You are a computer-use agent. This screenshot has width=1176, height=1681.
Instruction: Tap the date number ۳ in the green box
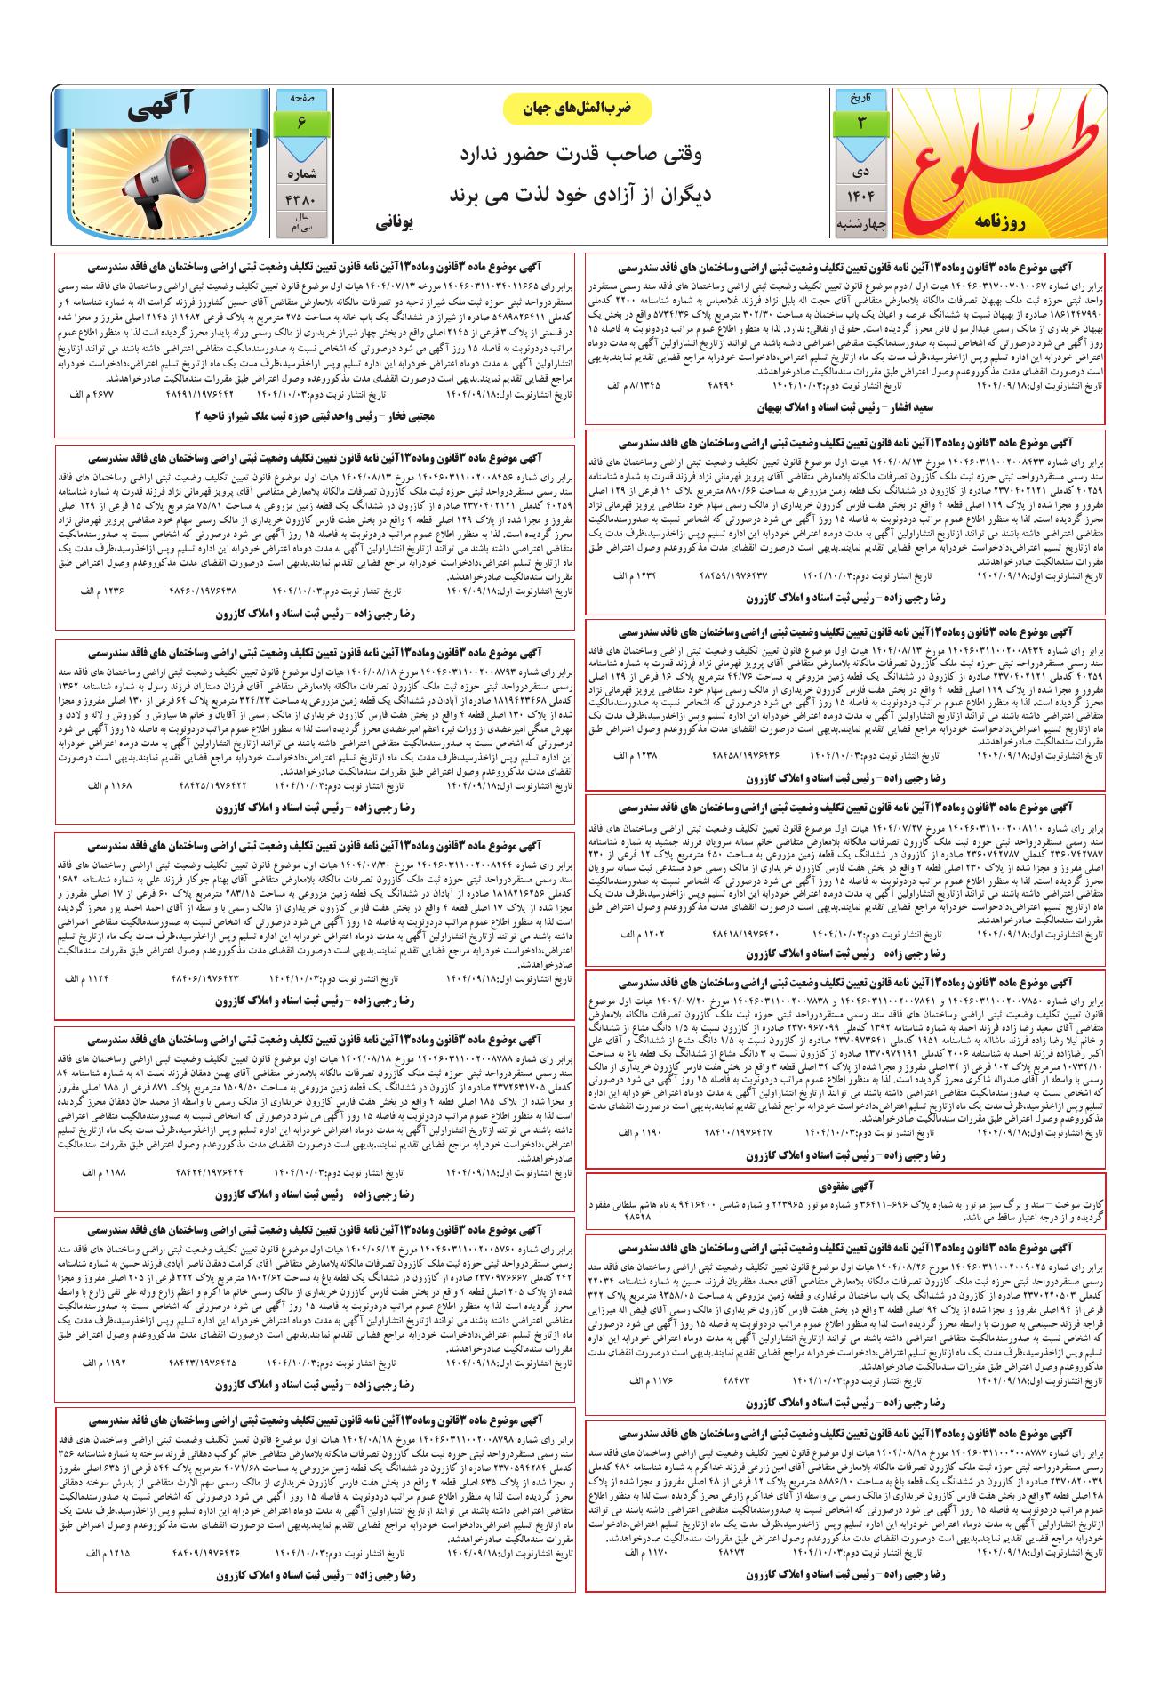859,122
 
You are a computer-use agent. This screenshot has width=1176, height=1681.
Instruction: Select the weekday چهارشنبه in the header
859,227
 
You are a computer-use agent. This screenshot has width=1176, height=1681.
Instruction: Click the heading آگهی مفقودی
846,1186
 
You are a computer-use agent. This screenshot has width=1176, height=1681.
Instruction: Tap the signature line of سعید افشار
844,408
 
